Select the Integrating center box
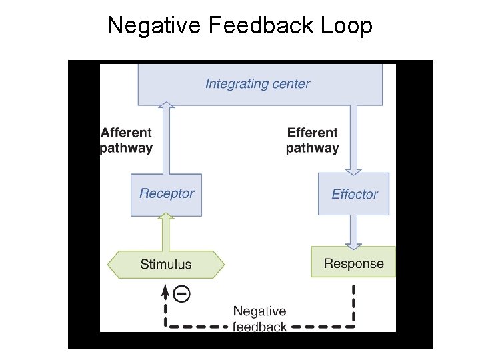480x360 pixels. click(259, 84)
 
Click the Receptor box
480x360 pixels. click(166, 194)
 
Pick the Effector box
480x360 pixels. click(354, 194)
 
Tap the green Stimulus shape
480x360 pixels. click(166, 264)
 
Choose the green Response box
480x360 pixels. click(353, 262)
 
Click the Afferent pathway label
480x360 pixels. click(126, 141)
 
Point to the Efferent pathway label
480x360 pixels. click(312, 141)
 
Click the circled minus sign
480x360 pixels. click(181, 293)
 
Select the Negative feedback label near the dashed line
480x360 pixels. click(259, 319)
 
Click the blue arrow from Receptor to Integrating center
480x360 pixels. click(167, 139)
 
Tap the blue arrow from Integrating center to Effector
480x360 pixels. click(353, 139)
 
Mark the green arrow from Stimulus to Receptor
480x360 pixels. click(167, 233)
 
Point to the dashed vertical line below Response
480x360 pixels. click(353, 303)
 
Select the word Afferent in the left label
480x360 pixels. click(126, 133)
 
